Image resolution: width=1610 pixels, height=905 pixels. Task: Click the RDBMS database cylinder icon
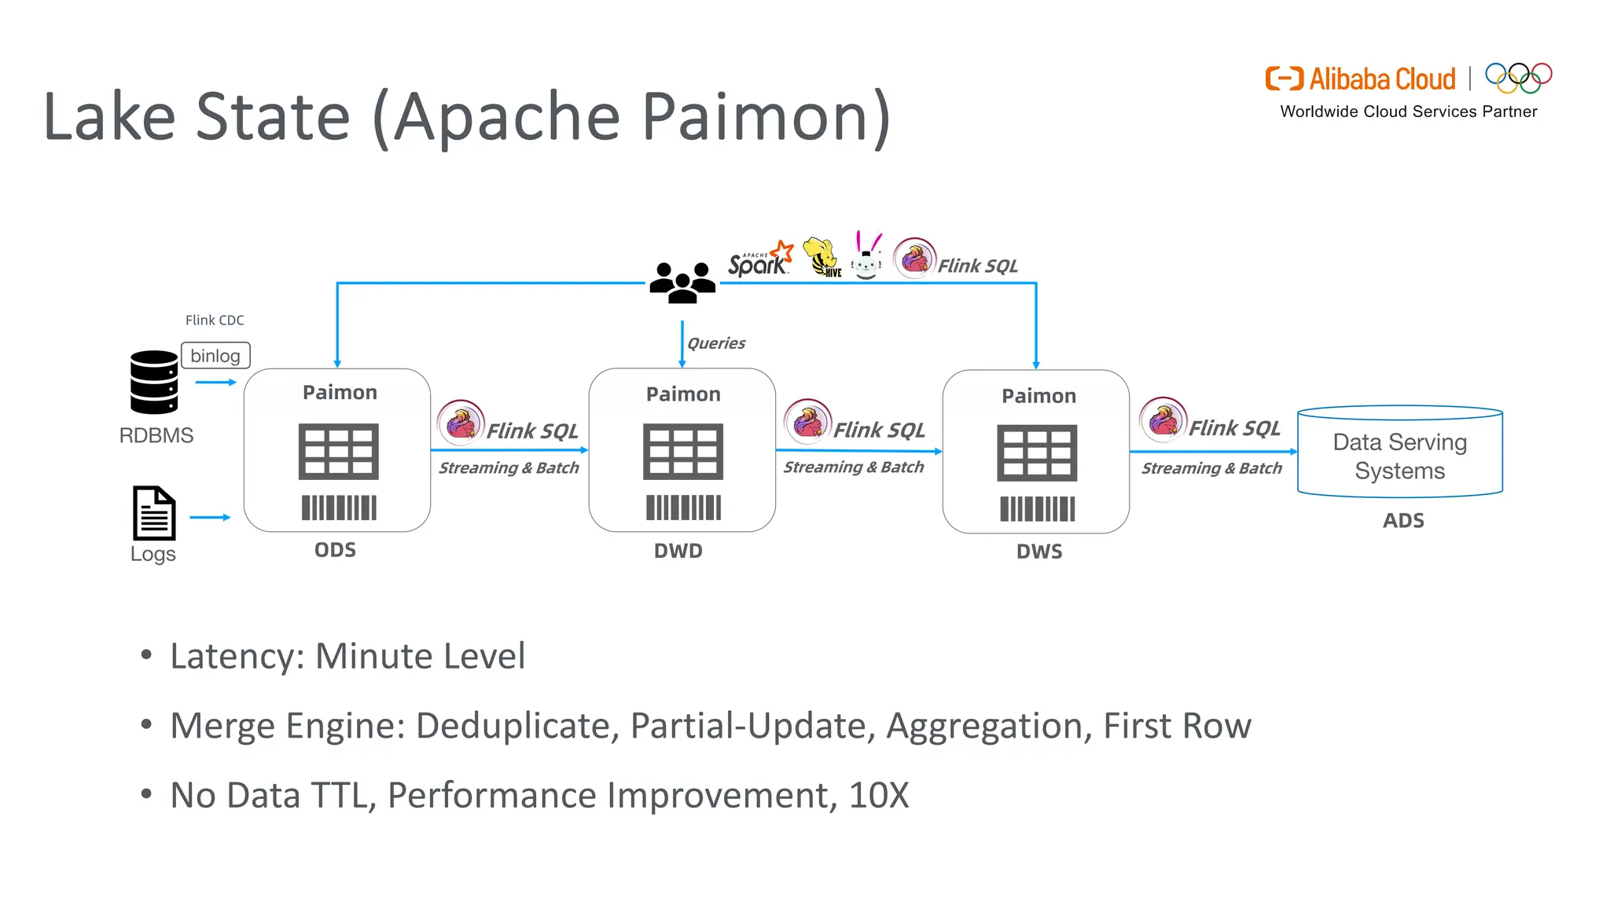click(154, 382)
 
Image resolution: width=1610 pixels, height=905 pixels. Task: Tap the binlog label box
click(215, 356)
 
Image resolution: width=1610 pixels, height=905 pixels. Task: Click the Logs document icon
click(154, 513)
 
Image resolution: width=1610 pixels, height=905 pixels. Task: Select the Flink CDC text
click(215, 320)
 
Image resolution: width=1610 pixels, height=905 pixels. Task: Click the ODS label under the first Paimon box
click(335, 550)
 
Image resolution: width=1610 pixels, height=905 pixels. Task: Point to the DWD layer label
click(678, 551)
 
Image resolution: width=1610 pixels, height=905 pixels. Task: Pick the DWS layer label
click(1039, 551)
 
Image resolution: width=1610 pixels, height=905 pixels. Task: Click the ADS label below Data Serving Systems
click(1403, 521)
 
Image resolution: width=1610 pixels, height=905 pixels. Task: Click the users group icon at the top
click(682, 283)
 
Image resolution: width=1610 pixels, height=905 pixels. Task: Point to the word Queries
click(716, 343)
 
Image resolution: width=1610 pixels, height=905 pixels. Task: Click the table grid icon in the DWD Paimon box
click(682, 452)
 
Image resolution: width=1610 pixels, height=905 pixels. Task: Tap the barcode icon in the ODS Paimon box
click(339, 507)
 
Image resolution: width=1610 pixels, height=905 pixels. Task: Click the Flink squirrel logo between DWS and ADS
click(1163, 420)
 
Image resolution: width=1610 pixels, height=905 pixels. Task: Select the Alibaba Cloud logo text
click(1381, 79)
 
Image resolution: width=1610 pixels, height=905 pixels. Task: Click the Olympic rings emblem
click(1518, 77)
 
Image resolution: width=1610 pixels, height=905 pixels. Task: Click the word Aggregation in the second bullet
click(988, 726)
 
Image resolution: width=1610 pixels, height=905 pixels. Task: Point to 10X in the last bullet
click(878, 795)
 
